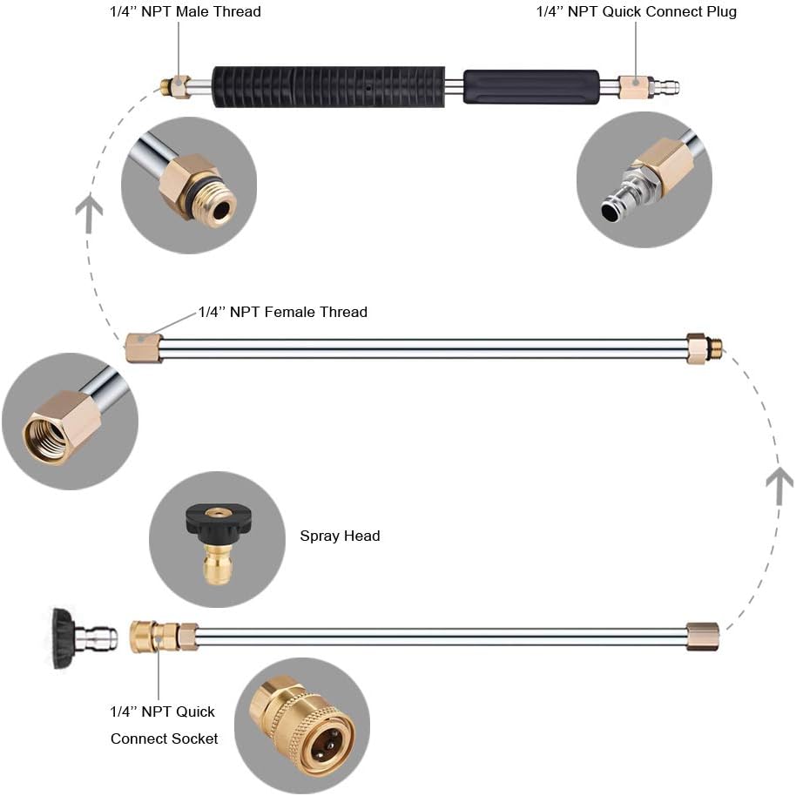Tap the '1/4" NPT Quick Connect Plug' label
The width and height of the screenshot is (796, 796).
click(636, 12)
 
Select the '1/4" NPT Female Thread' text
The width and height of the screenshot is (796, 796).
click(283, 312)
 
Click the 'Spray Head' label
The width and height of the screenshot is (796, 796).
click(340, 536)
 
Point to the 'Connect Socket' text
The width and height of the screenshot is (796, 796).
click(164, 739)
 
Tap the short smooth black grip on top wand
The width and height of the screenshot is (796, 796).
click(530, 87)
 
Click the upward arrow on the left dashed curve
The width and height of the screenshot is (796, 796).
click(89, 214)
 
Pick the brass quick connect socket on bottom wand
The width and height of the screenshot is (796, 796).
click(152, 637)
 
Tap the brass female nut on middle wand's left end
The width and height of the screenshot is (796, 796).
click(144, 347)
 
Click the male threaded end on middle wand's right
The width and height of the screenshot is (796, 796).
click(715, 347)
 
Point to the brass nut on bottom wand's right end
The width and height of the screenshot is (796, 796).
click(702, 637)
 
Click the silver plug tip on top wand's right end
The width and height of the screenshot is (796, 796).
click(666, 86)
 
